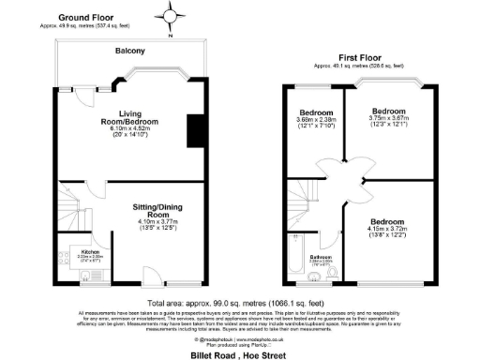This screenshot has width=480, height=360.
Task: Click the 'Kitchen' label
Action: [91, 251]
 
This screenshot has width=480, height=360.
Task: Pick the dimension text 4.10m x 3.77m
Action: [144, 222]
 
